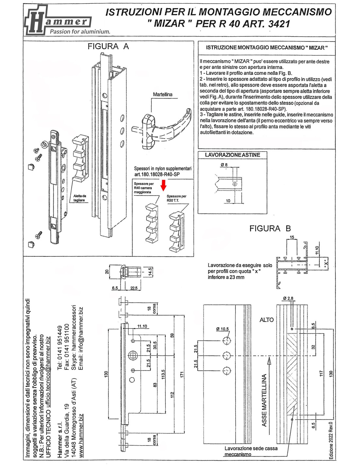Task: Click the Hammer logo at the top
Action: tap(57, 21)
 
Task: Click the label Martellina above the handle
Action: tap(163, 95)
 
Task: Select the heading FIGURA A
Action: tap(108, 46)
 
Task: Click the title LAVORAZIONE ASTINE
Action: tap(232, 155)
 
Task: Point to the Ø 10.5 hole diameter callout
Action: tap(223, 329)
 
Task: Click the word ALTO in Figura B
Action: tap(266, 320)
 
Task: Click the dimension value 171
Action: tap(182, 374)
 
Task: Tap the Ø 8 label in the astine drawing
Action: tap(224, 165)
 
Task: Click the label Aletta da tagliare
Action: tap(80, 198)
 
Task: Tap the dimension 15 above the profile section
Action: tap(292, 237)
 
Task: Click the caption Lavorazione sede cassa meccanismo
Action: tap(251, 451)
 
